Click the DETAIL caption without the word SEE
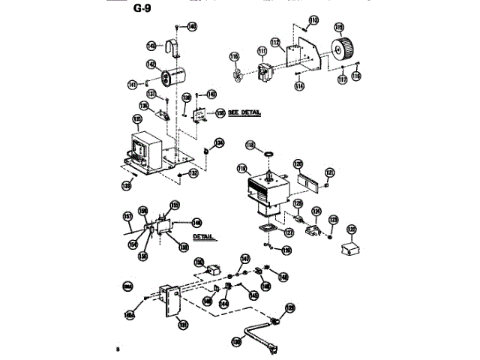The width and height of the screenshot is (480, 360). pyautogui.click(x=203, y=236)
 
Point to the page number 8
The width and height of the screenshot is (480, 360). pyautogui.click(x=118, y=350)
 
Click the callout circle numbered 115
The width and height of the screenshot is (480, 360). pyautogui.click(x=339, y=27)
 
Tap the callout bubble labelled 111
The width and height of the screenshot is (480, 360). pyautogui.click(x=262, y=52)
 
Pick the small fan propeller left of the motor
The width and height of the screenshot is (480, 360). pyautogui.click(x=238, y=73)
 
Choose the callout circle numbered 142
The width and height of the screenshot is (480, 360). pyautogui.click(x=151, y=64)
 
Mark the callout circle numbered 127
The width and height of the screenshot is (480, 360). pyautogui.click(x=288, y=233)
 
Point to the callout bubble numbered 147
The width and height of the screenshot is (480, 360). pyautogui.click(x=244, y=259)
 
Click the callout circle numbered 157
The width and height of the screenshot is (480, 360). pyautogui.click(x=127, y=217)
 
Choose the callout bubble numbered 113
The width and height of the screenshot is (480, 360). pyautogui.click(x=313, y=19)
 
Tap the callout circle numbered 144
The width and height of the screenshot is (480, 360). pyautogui.click(x=224, y=304)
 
